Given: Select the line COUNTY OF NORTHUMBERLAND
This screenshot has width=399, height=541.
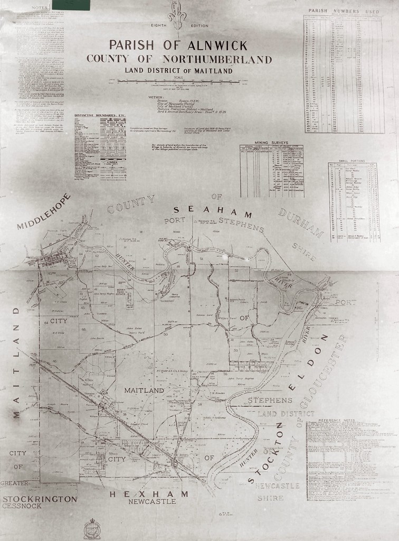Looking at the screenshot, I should click(179, 59).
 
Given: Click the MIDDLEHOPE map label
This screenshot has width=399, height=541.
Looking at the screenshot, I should click(44, 211).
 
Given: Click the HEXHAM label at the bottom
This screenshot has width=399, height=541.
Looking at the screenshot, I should click(149, 494).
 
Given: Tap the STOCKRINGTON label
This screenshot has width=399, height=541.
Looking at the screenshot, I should click(40, 498).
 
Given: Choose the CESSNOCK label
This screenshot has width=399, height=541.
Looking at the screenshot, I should click(22, 506).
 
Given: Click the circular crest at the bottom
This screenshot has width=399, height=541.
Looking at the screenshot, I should click(92, 528).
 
